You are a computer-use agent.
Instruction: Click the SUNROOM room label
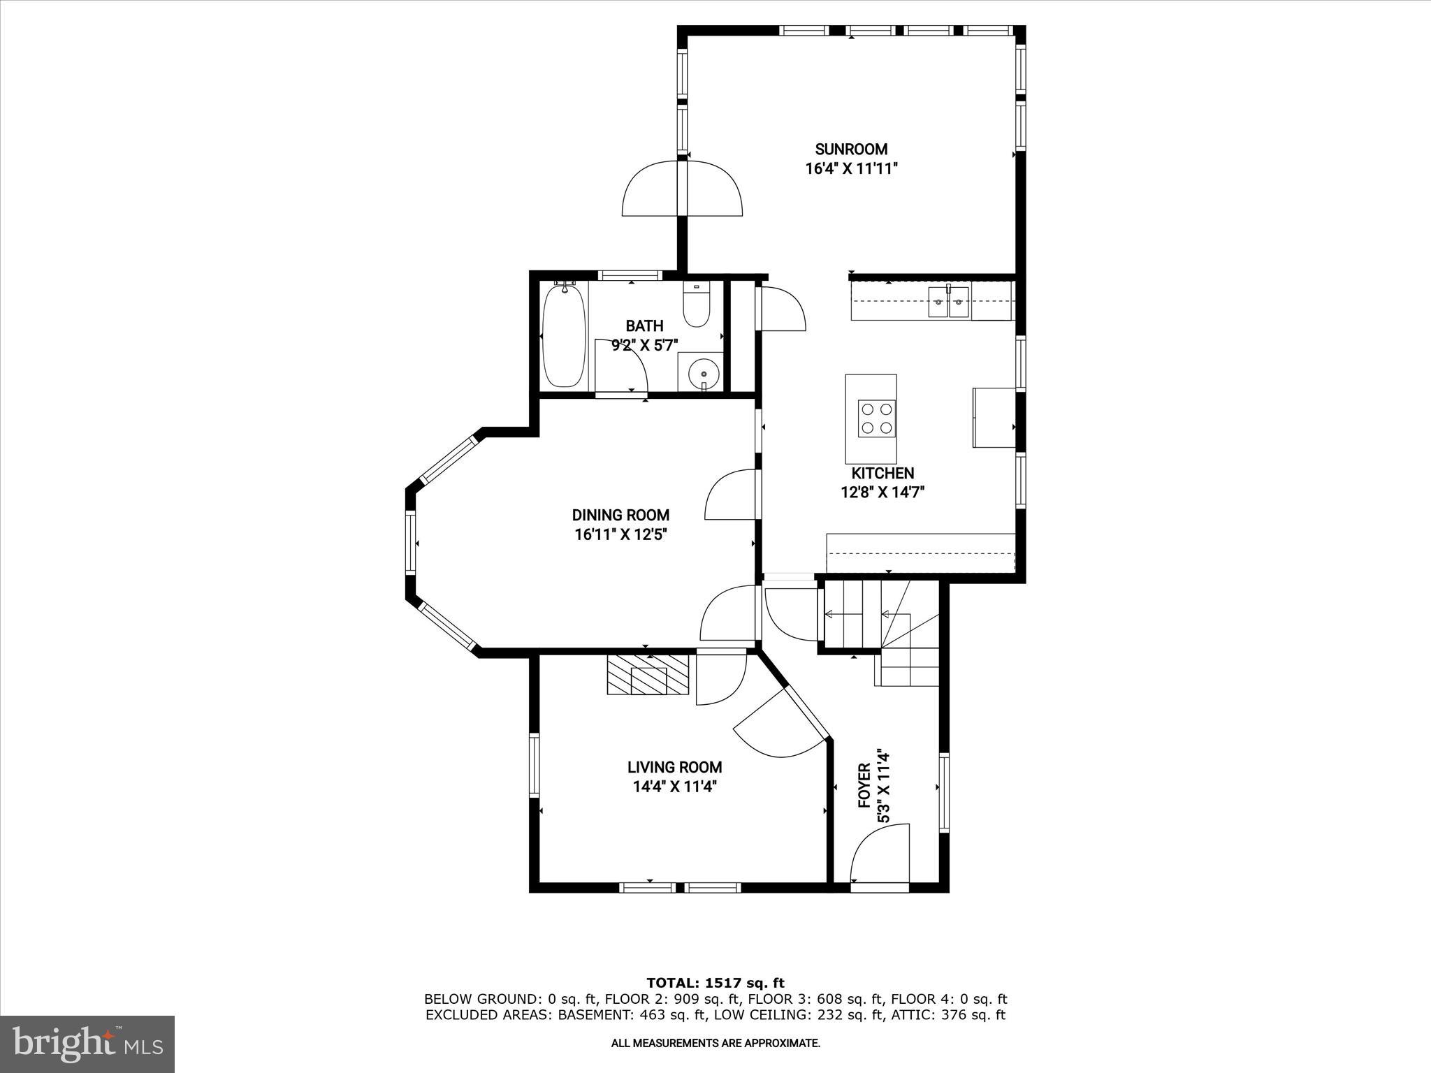(851, 149)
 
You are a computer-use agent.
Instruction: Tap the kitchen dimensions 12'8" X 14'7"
(882, 492)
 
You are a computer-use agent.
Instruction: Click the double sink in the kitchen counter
(948, 302)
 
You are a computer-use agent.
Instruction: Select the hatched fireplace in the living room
(648, 675)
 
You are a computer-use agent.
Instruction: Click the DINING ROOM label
(620, 515)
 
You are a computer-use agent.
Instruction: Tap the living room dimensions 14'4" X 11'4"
(674, 786)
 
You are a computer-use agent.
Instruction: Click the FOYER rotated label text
(865, 787)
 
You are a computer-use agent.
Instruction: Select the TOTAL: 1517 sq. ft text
(715, 983)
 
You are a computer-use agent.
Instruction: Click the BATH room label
(644, 326)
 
